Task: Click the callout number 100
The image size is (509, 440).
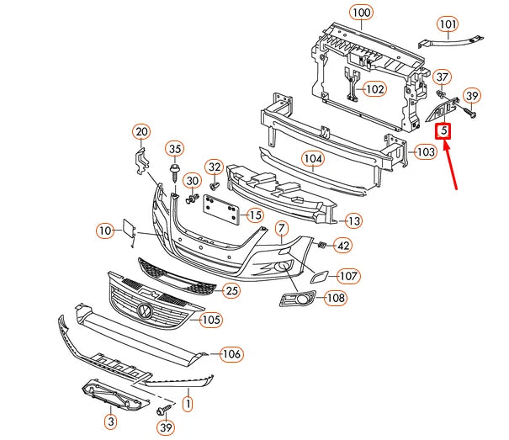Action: tap(361, 13)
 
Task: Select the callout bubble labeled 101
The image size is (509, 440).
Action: tap(448, 24)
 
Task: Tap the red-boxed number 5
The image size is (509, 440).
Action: tap(443, 131)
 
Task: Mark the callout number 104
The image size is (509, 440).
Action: tap(313, 158)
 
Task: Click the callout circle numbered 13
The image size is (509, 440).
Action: tap(353, 220)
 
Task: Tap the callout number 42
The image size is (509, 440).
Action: tap(343, 246)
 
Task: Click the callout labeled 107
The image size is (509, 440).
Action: tap(349, 276)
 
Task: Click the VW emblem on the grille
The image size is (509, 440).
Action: tap(145, 312)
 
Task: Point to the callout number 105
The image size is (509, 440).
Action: tap(211, 320)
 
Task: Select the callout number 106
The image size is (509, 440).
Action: tap(231, 354)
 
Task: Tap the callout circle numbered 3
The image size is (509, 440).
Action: tap(110, 420)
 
